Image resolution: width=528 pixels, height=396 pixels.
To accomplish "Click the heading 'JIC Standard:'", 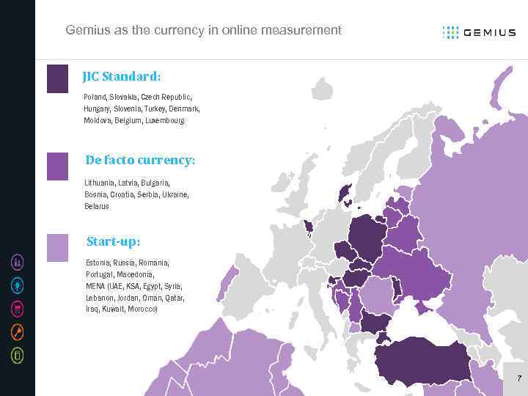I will click(x=122, y=76).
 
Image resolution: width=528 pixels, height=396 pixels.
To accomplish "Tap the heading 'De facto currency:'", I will click(x=140, y=160).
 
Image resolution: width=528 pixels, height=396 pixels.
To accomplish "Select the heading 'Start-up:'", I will click(x=113, y=241).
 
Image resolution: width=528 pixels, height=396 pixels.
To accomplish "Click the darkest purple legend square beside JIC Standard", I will click(x=57, y=78).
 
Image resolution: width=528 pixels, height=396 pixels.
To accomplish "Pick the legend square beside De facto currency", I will click(x=57, y=166).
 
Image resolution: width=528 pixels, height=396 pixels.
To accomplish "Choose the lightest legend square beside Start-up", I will click(x=57, y=248).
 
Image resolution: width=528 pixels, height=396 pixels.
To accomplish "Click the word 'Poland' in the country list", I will click(x=94, y=97).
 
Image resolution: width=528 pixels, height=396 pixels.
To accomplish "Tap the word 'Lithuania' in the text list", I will click(x=99, y=183).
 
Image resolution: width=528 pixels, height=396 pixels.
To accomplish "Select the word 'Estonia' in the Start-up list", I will click(x=98, y=263).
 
